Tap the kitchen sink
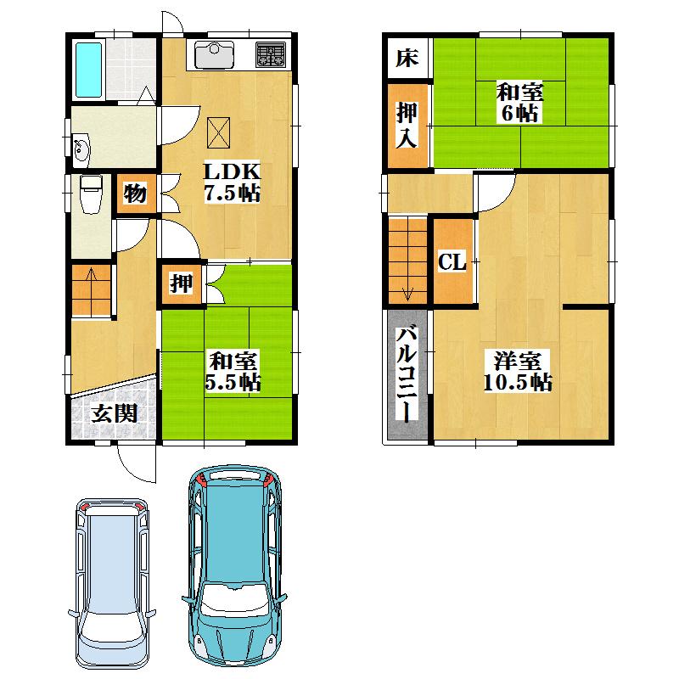pyautogui.click(x=215, y=56)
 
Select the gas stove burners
pyautogui.click(x=271, y=56)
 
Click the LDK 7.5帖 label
pyautogui.click(x=231, y=182)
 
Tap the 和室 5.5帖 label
pyautogui.click(x=232, y=371)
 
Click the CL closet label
pyautogui.click(x=452, y=262)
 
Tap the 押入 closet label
pyautogui.click(x=407, y=125)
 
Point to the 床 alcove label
pyautogui.click(x=407, y=59)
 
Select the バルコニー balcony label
pyautogui.click(x=407, y=373)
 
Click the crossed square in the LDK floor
pyautogui.click(x=220, y=130)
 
